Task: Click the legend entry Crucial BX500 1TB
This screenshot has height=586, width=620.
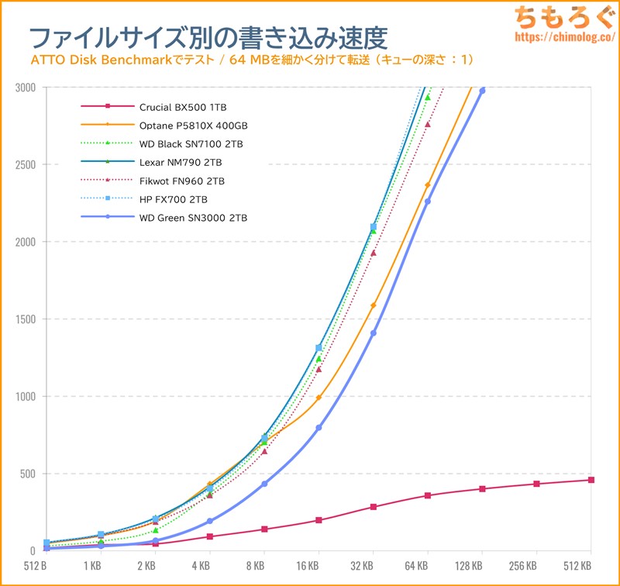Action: tap(183, 105)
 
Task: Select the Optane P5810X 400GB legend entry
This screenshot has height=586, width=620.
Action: tap(194, 124)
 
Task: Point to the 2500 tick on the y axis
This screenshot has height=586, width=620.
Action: tap(26, 164)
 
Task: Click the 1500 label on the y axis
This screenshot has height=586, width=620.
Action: tap(26, 319)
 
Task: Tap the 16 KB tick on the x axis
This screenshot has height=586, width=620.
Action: tap(319, 567)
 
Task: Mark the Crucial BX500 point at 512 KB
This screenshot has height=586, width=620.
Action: tap(591, 480)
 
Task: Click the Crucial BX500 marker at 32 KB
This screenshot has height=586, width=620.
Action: tap(374, 507)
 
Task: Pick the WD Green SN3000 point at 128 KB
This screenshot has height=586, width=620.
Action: tap(482, 91)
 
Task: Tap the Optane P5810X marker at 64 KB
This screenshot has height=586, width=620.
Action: tap(428, 185)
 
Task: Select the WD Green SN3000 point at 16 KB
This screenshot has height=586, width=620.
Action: tap(319, 428)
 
